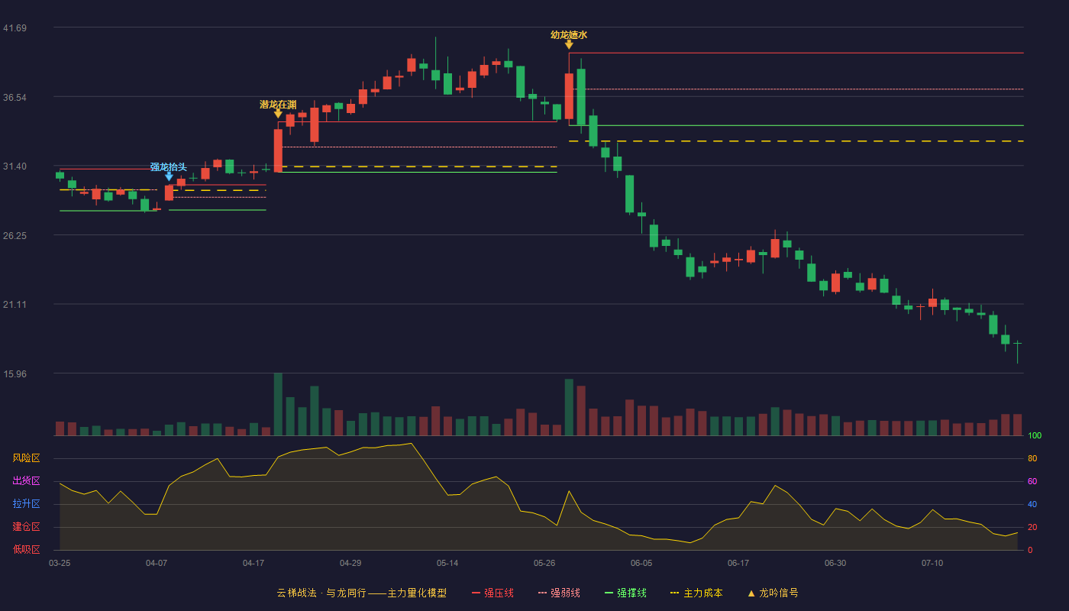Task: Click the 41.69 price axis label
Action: (15, 28)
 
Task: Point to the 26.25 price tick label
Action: (15, 236)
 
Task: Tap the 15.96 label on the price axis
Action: (15, 373)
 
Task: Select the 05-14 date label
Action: (447, 564)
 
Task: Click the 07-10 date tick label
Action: (932, 564)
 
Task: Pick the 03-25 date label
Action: (60, 564)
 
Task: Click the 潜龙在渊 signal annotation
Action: (278, 105)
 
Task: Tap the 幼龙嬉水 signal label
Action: (569, 35)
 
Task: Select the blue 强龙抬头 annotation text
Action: (169, 166)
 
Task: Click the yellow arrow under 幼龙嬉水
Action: (569, 45)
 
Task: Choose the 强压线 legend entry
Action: (493, 593)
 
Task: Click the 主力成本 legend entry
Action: (696, 593)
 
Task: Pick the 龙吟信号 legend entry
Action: (773, 593)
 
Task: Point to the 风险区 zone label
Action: (26, 458)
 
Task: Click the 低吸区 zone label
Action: (26, 550)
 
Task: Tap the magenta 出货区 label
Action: (26, 480)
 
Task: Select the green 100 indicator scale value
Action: (1035, 435)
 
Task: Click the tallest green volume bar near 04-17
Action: (278, 404)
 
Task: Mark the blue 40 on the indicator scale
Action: (1032, 504)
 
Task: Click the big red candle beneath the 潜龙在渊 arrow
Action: (278, 150)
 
